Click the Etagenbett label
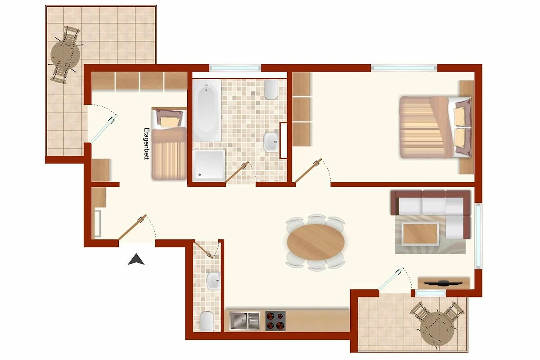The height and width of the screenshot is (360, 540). point(147,144)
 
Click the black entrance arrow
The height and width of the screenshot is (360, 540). point(136,260)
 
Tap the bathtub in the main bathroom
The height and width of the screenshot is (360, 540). point(207,111)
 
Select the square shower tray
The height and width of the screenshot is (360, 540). point(209,165)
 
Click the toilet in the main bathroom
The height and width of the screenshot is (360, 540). point(271,90)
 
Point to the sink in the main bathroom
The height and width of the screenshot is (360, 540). point(271,142)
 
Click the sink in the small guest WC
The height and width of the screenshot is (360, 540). point(213,281)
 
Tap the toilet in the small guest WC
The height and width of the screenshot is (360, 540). point(207,321)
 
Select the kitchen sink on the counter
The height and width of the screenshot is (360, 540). point(244,320)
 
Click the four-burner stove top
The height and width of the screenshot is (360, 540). point(275,321)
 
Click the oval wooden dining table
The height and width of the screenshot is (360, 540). point(316,242)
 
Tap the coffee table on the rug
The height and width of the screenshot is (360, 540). point(420,233)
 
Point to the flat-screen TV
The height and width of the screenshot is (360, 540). point(444,283)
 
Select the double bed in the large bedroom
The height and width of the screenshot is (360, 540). point(435,127)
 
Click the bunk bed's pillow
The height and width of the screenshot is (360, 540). point(170,121)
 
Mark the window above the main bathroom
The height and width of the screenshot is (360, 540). point(235,68)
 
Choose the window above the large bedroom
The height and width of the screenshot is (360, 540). point(404,68)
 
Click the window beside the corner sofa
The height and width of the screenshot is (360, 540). point(478,236)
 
